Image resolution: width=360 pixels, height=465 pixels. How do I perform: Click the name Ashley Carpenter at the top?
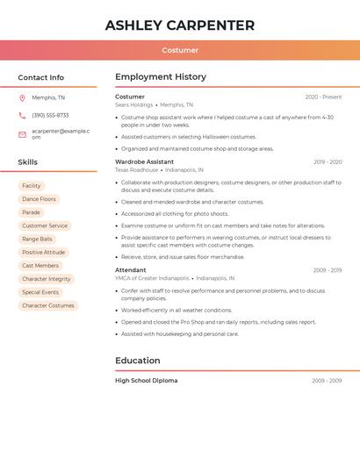pos(180,25)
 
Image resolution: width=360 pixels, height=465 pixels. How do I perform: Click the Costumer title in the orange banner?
pos(180,50)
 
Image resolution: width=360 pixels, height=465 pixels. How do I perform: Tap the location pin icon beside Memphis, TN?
pos(22,97)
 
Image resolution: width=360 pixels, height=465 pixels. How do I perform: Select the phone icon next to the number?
pos(22,115)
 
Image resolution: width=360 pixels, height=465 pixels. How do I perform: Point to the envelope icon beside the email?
pos(22,134)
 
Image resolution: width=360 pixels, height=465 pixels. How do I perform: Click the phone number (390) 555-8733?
pos(50,115)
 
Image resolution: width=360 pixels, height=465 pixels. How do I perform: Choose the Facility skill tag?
pos(32,186)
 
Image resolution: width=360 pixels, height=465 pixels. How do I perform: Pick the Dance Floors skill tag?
pos(39,199)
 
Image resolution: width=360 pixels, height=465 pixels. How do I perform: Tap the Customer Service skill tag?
pos(45,225)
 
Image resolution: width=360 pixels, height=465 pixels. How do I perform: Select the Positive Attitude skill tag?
pos(44,252)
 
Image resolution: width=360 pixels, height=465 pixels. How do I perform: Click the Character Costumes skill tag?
pos(48,305)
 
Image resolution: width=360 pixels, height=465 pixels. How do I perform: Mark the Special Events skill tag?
pos(40,292)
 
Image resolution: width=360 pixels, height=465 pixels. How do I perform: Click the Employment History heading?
pos(161,77)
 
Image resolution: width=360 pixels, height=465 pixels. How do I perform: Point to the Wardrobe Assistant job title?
pos(144,161)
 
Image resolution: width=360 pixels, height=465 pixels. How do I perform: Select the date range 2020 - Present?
pos(323,97)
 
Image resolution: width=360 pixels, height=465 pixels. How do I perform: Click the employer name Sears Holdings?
pos(133,104)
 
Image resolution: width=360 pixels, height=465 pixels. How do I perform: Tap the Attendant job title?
pos(131,270)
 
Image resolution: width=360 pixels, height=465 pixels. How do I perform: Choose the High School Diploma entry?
pos(146,381)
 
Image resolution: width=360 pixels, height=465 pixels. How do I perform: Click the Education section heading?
pos(138,361)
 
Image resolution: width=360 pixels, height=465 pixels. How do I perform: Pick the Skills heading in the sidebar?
pos(28,162)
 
